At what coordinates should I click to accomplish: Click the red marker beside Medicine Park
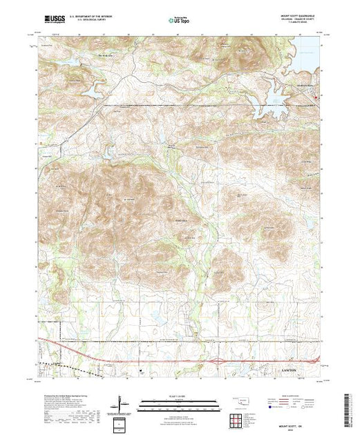[317, 97]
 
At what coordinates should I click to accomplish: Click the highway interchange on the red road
[220, 360]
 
